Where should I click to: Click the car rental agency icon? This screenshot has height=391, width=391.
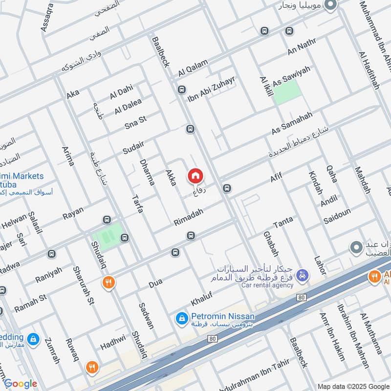point(303,276)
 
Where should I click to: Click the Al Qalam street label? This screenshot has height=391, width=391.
point(193,67)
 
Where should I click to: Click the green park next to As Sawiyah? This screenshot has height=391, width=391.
point(286,92)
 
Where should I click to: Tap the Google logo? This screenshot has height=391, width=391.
point(20,384)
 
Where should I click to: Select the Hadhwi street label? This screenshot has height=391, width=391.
point(113,342)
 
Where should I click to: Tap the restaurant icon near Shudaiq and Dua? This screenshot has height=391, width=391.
point(108,282)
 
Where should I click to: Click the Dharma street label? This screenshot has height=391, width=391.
point(147,172)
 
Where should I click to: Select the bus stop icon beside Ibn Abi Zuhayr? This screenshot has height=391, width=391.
point(182,89)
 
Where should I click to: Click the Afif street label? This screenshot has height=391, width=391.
point(276,177)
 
